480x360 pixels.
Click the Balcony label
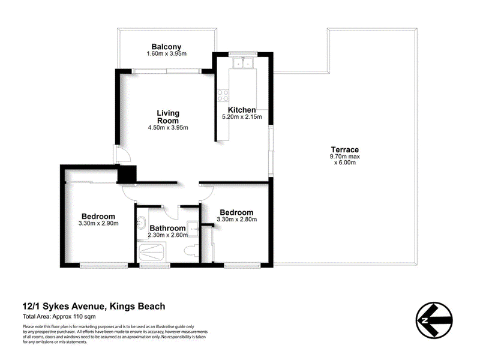(166, 47)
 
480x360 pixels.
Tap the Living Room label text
(168, 116)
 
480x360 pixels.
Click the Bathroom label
(167, 228)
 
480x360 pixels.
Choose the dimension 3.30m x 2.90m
(98, 224)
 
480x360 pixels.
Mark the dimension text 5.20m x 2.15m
(242, 117)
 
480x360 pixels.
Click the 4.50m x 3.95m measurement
(168, 127)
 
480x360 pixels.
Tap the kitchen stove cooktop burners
(223, 95)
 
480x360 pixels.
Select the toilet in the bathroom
(191, 250)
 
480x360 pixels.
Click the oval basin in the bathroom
(142, 225)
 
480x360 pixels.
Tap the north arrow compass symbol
(433, 316)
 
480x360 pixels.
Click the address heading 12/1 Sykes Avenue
(94, 306)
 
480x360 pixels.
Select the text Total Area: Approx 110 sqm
(60, 316)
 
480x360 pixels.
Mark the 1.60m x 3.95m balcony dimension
(166, 54)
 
